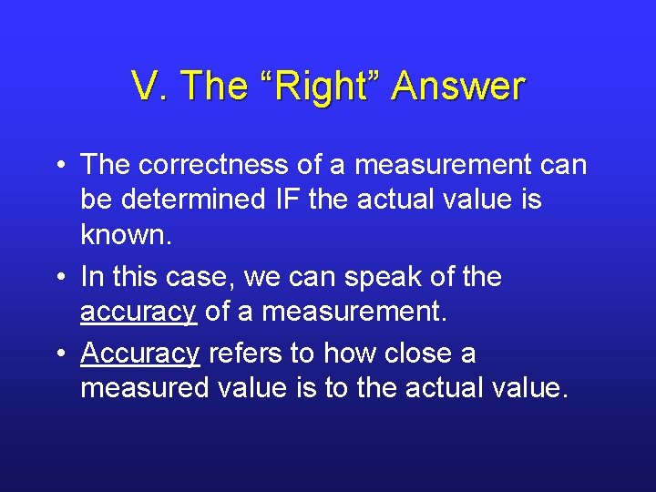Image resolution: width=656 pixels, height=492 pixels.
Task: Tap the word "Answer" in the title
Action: [x=458, y=87]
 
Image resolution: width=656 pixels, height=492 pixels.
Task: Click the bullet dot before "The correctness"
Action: [x=57, y=166]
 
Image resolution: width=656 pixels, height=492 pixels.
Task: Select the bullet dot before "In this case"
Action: [x=57, y=277]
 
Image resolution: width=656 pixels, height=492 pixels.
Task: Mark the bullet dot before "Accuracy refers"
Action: [x=57, y=354]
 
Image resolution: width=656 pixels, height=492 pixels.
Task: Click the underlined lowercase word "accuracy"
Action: [x=138, y=312]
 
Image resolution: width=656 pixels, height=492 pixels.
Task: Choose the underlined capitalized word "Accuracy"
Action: [x=139, y=354]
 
